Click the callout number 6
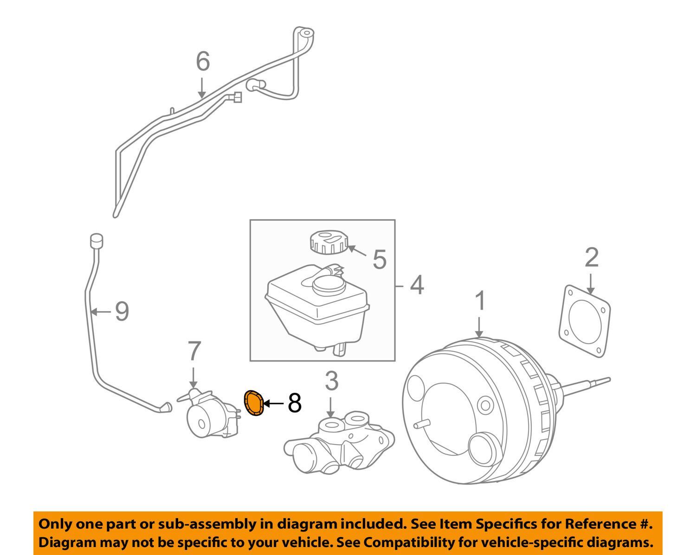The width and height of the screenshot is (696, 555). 203,62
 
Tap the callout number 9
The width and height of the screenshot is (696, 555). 122,311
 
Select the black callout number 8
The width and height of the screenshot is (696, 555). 295,403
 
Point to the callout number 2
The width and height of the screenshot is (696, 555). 592,258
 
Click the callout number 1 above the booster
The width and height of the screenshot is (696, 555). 481,301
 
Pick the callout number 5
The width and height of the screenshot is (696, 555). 380,259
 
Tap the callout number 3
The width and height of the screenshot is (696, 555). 331,382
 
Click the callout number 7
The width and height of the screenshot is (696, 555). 194,351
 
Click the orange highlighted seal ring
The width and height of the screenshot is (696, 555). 254,402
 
